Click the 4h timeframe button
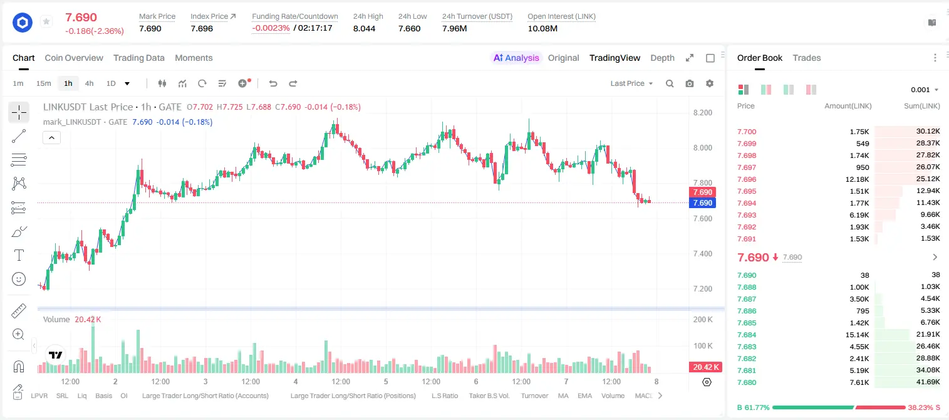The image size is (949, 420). [x=89, y=83]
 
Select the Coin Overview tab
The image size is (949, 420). [x=74, y=58]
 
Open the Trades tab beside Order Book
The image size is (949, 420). [x=807, y=58]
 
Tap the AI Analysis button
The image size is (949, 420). [x=516, y=58]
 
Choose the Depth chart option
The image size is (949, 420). [x=662, y=58]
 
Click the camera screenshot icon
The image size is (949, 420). [x=690, y=83]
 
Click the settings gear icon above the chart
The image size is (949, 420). [x=710, y=83]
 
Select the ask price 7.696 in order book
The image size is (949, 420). [x=747, y=179]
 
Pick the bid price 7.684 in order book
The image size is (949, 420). [x=747, y=335]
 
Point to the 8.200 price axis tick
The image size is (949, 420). [x=703, y=113]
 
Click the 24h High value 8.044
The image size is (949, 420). [x=365, y=28]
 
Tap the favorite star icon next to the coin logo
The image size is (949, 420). [x=46, y=21]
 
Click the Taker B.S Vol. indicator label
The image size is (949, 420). [x=489, y=396]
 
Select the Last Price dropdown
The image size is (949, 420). [x=631, y=83]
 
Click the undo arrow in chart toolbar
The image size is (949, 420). [x=273, y=83]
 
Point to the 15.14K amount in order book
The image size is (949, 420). [x=857, y=335]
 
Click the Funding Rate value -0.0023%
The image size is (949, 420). [x=271, y=28]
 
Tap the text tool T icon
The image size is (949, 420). [x=19, y=255]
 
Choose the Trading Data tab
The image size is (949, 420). [x=139, y=58]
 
